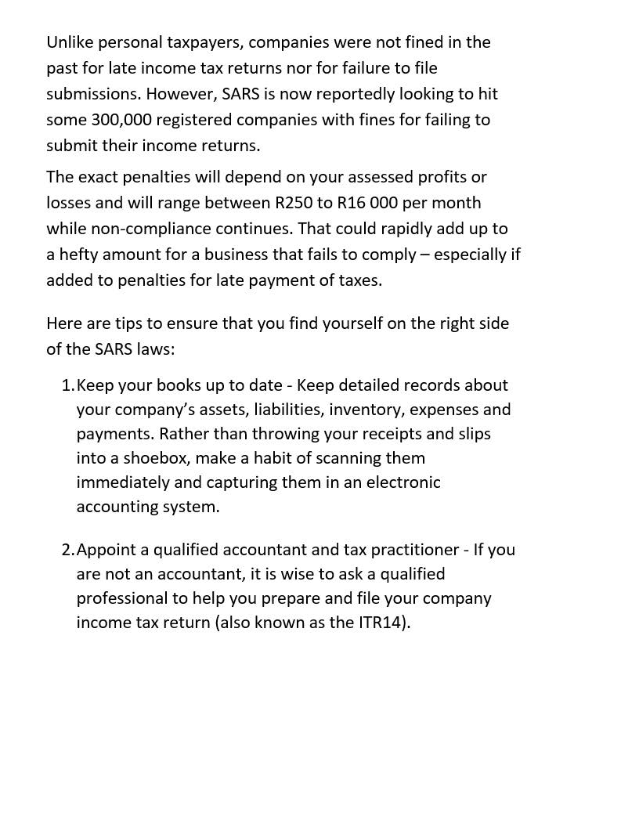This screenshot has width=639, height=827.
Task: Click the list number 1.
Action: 67,385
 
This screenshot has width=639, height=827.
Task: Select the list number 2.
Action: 67,550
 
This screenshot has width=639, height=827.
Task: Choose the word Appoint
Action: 106,550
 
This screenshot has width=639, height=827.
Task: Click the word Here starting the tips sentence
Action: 63,323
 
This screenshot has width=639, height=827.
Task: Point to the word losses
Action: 68,203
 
